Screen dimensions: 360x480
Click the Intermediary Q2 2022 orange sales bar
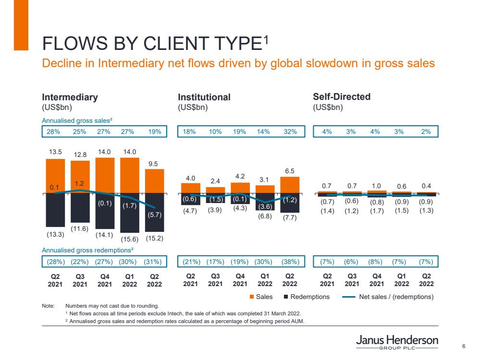[x=154, y=180]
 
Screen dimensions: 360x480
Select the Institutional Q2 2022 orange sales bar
[x=290, y=184]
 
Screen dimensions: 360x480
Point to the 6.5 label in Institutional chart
[x=290, y=170]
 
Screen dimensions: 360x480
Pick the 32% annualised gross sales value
[x=290, y=132]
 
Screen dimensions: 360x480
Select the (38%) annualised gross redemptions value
[x=290, y=262]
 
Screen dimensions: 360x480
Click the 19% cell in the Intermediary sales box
[x=154, y=132]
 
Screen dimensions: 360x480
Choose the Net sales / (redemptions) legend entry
[x=396, y=297]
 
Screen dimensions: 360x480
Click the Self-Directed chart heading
[x=342, y=96]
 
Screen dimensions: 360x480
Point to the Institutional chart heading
[x=204, y=97]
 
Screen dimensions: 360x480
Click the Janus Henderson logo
[x=397, y=343]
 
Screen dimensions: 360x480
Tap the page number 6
[x=464, y=346]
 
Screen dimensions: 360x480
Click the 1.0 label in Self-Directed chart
[x=376, y=185]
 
